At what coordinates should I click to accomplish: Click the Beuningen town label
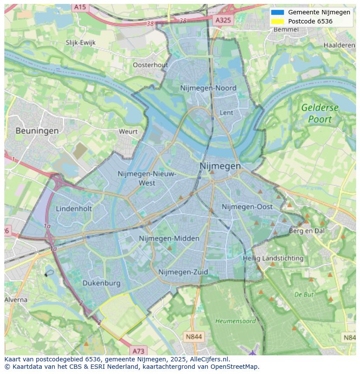(37, 130)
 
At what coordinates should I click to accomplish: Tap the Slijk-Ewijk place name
(80, 43)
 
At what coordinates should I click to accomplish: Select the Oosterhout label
(150, 65)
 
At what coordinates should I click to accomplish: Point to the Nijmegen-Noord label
(208, 88)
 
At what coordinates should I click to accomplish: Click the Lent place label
(227, 113)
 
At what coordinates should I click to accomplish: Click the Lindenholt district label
(74, 209)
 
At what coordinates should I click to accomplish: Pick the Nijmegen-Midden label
(169, 238)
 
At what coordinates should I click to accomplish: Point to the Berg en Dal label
(307, 231)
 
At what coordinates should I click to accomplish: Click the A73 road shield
(139, 351)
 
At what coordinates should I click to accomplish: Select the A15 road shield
(80, 7)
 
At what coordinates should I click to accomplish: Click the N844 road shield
(193, 337)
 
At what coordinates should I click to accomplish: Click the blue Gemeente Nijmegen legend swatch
(277, 12)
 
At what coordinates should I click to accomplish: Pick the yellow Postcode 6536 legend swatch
(277, 21)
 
